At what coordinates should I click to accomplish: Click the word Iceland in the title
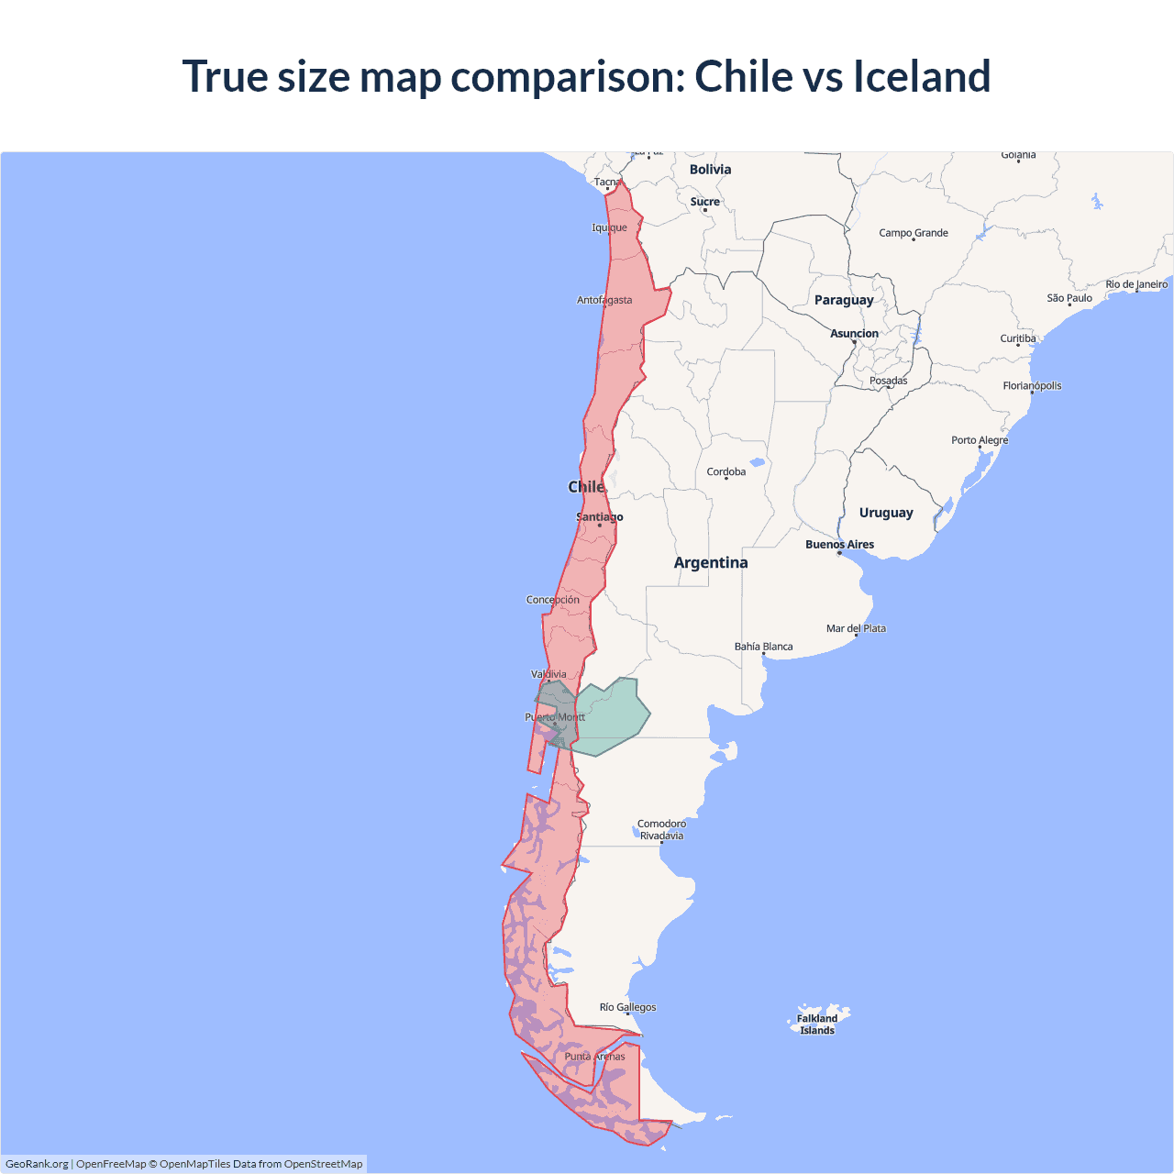click(x=922, y=76)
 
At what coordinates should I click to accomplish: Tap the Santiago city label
click(x=599, y=517)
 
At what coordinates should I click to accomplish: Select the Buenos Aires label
click(x=839, y=545)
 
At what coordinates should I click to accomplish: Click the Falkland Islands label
click(x=817, y=1024)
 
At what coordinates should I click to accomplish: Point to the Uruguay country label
click(x=886, y=513)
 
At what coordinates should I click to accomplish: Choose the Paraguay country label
click(x=844, y=300)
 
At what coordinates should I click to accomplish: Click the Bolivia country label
click(x=710, y=170)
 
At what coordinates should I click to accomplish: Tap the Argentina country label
click(x=711, y=563)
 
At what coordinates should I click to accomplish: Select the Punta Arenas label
click(x=594, y=1057)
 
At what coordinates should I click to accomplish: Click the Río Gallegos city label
click(x=627, y=1007)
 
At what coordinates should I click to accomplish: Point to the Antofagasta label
click(x=604, y=300)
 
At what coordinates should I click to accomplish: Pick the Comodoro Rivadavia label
click(x=661, y=830)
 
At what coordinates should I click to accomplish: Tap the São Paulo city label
click(x=1069, y=298)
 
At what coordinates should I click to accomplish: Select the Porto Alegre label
click(x=980, y=440)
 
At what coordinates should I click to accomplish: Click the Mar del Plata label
click(x=856, y=629)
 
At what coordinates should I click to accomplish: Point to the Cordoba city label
click(x=726, y=472)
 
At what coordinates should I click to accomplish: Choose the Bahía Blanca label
click(x=763, y=647)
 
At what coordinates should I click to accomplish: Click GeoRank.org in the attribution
click(x=37, y=1164)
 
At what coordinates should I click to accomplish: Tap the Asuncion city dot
click(x=854, y=342)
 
